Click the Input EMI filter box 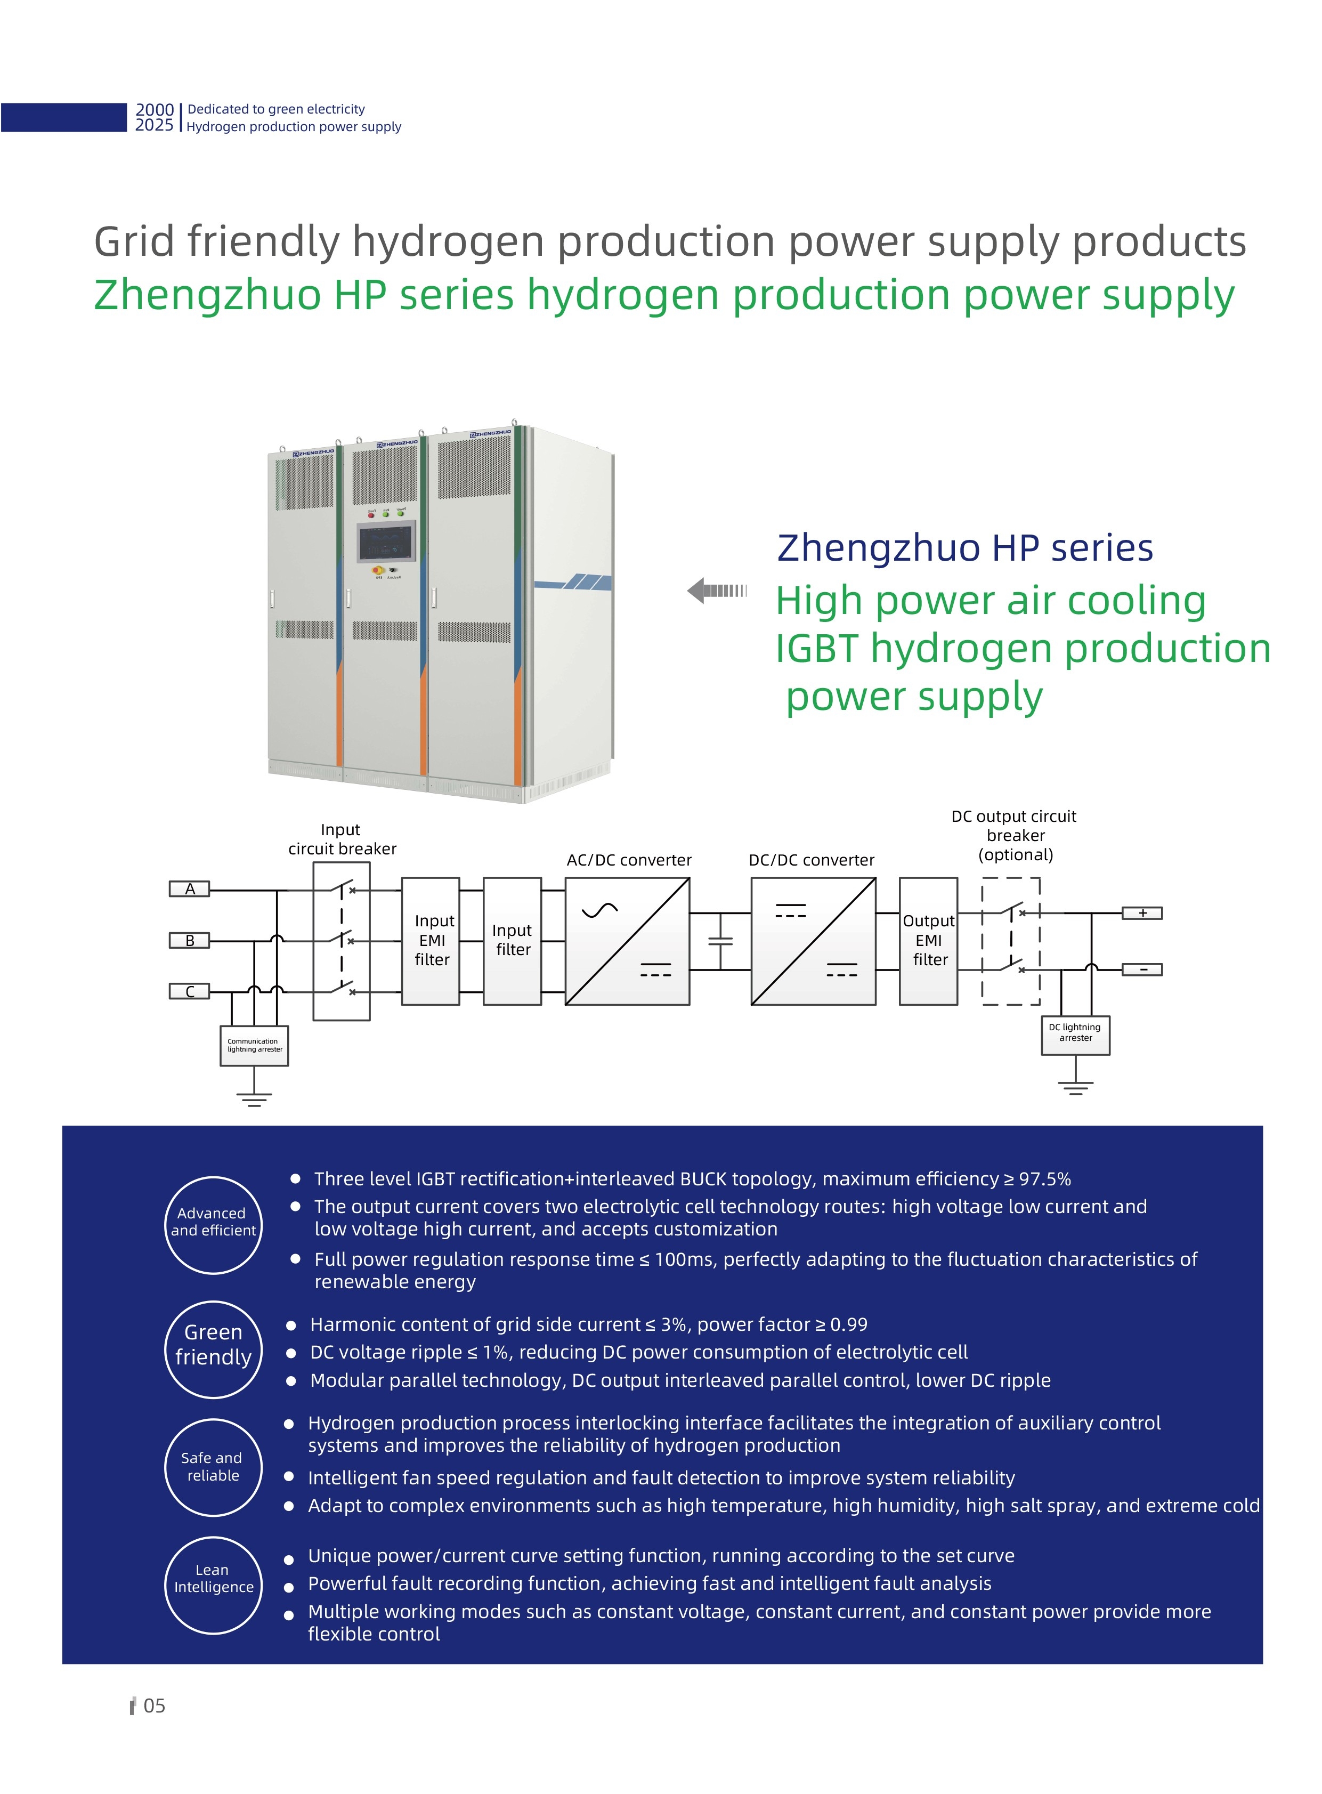pos(431,941)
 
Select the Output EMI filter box pos(928,941)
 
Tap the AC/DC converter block pos(627,941)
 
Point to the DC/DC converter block pos(813,941)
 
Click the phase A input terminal pos(190,888)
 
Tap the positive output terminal pos(1142,914)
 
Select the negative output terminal pos(1142,970)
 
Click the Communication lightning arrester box pos(255,1046)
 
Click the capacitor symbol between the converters pos(721,941)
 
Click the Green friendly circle pos(214,1349)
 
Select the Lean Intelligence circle pos(214,1585)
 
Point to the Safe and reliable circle pos(214,1467)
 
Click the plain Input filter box pos(512,941)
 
